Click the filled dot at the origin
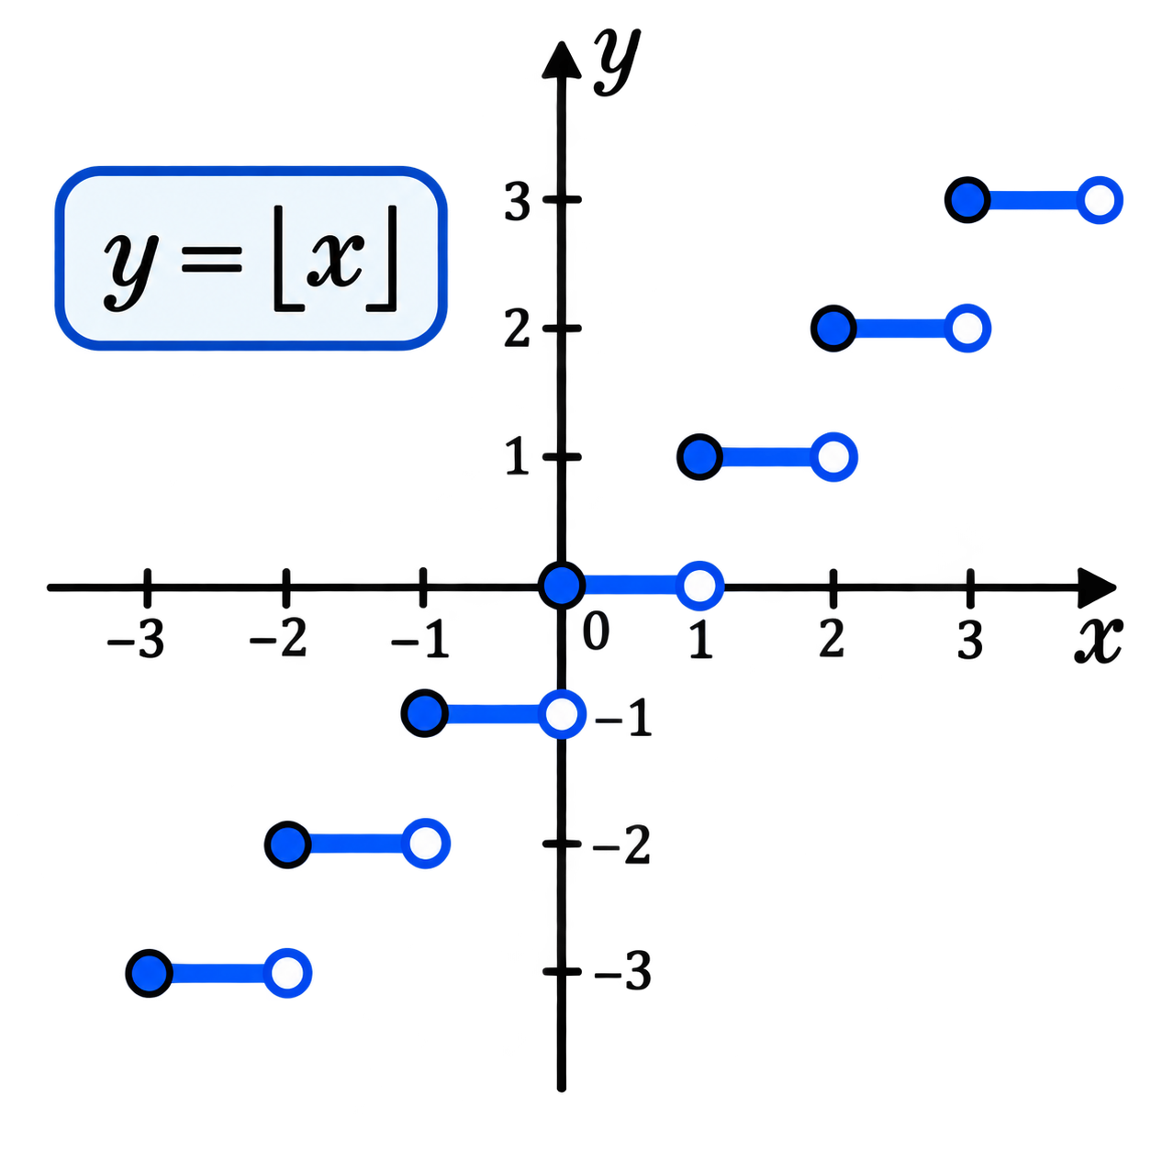coord(561,586)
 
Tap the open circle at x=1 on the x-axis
coord(699,586)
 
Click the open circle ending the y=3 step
coord(1099,200)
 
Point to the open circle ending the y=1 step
coord(833,457)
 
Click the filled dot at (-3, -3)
coord(149,973)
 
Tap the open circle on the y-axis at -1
coord(562,714)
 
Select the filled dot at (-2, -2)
coord(288,844)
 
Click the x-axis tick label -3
coord(135,639)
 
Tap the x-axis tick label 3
coord(970,639)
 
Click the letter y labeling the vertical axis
coord(617,61)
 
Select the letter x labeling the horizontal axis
coord(1098,640)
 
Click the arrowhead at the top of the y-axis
coord(561,60)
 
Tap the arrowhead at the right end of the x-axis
coord(1097,587)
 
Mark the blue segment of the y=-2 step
coord(356,844)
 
